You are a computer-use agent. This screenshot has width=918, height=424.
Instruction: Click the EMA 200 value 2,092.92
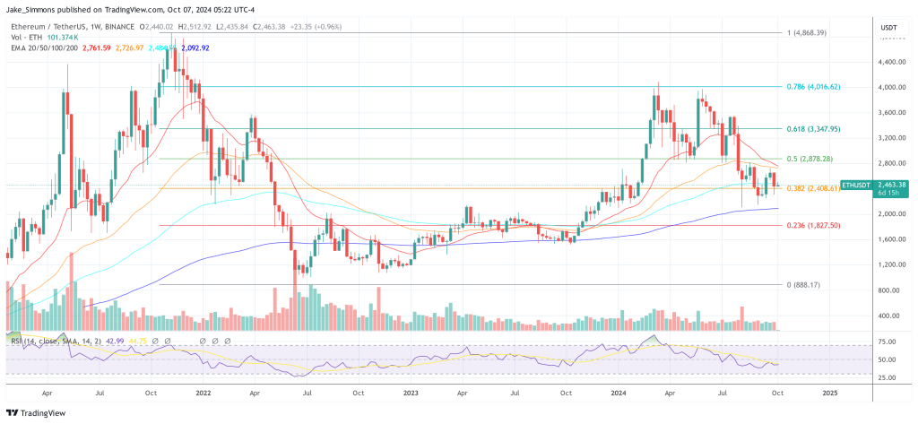coord(191,48)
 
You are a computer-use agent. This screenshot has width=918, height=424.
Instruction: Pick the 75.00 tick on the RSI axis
coord(888,342)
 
